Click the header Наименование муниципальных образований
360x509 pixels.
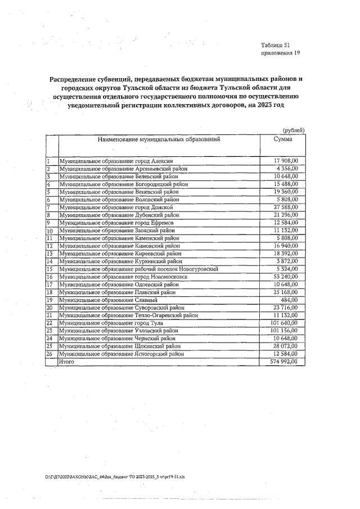pos(159,139)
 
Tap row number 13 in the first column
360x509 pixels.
pos(49,254)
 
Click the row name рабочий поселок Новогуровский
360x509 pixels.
pos(138,269)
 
